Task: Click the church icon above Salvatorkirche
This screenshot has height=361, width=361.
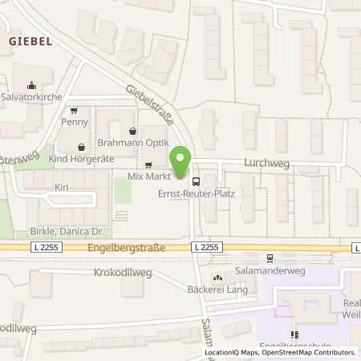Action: (x=31, y=85)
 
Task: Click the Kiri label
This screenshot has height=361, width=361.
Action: (x=62, y=186)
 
